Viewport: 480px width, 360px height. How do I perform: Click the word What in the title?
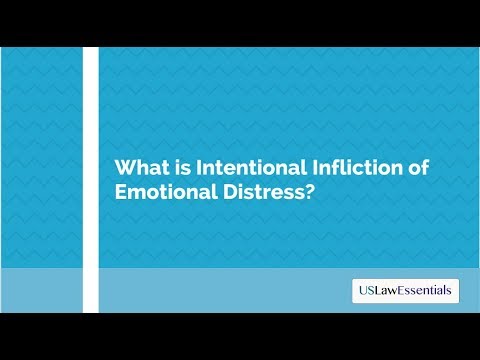[x=140, y=168]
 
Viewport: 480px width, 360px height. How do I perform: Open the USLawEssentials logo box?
[x=406, y=291]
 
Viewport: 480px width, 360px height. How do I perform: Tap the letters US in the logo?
[x=365, y=291]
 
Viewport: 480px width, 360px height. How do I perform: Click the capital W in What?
[x=125, y=168]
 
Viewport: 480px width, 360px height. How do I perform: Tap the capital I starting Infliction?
[x=301, y=168]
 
